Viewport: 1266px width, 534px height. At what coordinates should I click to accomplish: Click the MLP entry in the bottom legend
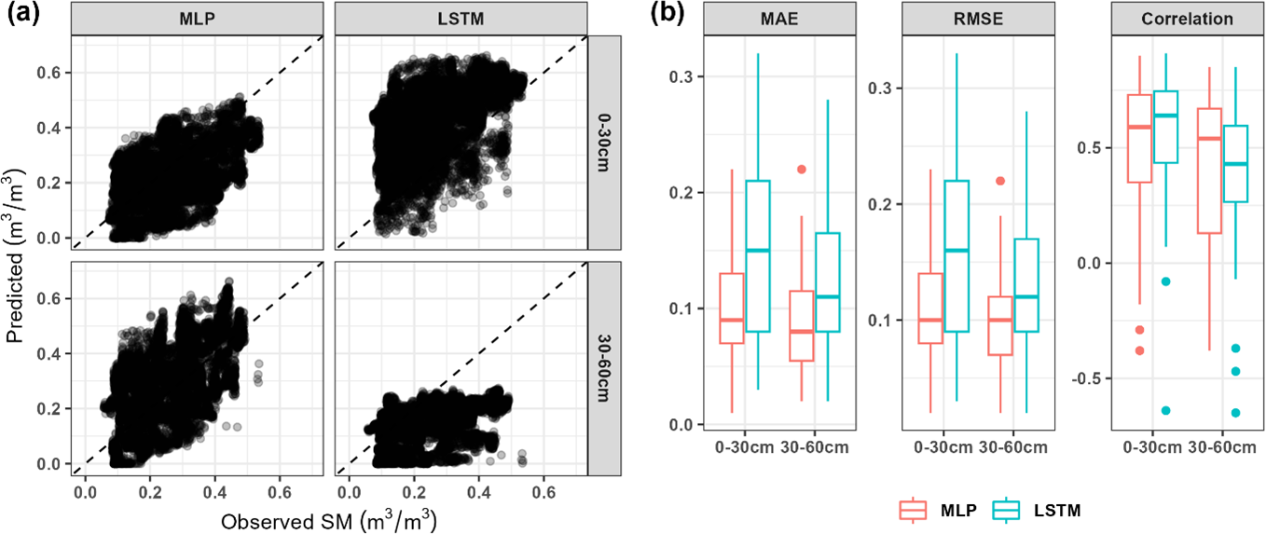[x=941, y=510]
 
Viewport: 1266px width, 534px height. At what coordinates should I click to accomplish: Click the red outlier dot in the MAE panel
[x=801, y=170]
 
